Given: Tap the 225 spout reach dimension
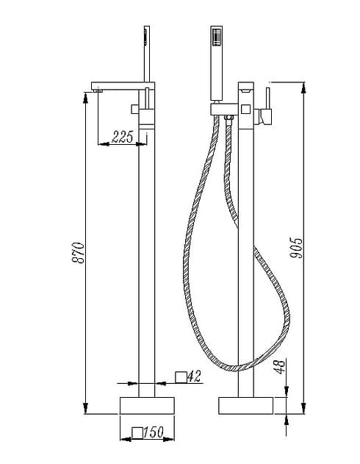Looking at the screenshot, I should (123, 136).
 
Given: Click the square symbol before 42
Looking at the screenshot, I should (180, 378).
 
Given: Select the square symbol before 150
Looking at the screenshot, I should (136, 434).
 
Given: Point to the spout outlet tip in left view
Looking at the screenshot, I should (95, 90).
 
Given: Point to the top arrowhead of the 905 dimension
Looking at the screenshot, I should (303, 88).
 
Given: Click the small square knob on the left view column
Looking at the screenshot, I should (135, 109).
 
